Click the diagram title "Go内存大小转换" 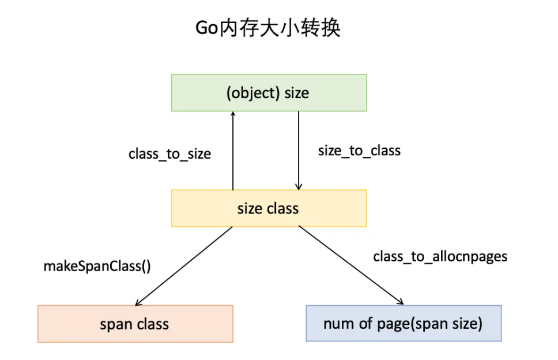point(268,28)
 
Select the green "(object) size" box point(269,93)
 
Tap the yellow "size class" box point(269,208)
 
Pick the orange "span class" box point(135,324)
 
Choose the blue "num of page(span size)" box point(404,323)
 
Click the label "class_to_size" point(169,154)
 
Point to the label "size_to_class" point(360,151)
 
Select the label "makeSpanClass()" point(97,266)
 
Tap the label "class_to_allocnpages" point(440,256)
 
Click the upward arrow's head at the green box point(233,113)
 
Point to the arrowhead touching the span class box point(138,303)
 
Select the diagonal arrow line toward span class point(184,265)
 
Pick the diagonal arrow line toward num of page point(351,265)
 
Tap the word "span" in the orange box point(116,325)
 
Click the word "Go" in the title point(206,28)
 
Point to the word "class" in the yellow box point(282,208)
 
